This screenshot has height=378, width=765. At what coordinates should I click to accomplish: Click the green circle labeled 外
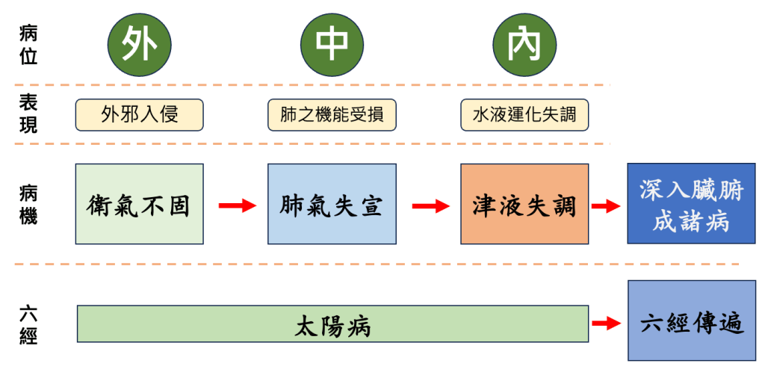(x=140, y=46)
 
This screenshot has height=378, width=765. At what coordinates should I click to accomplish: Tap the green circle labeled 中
(x=332, y=46)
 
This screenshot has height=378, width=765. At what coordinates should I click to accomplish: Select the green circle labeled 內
(x=525, y=46)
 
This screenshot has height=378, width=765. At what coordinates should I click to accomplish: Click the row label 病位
(x=28, y=45)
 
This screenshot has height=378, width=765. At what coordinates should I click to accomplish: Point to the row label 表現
(x=28, y=114)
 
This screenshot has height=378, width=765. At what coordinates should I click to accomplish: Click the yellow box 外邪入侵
(x=140, y=115)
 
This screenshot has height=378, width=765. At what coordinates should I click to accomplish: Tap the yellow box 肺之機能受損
(x=332, y=115)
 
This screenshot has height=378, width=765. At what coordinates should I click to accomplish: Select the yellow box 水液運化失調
(x=524, y=115)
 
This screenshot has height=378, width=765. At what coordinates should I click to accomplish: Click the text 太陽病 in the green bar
(x=332, y=325)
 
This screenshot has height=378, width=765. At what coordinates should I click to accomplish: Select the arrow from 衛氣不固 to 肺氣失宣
(x=237, y=205)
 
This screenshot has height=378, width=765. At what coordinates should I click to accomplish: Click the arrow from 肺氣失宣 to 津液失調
(x=430, y=205)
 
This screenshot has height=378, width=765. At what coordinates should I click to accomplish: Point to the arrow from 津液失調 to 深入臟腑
(x=606, y=205)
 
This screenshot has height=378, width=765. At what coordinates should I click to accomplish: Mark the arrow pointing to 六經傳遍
(x=606, y=323)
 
